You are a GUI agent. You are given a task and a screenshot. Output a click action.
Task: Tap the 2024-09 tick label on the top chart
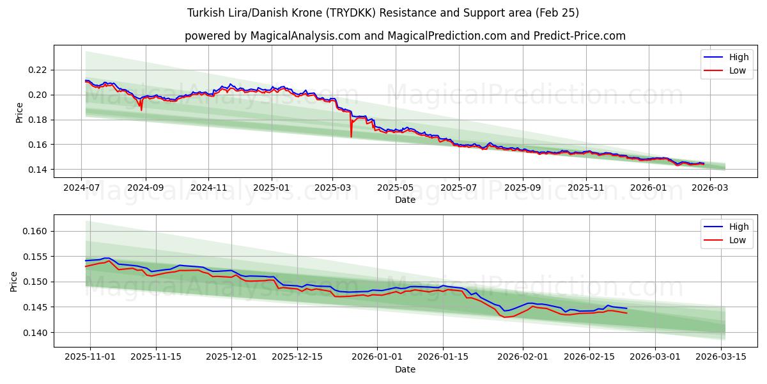click(x=145, y=188)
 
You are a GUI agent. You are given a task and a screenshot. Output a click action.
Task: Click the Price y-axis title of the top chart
click(x=19, y=111)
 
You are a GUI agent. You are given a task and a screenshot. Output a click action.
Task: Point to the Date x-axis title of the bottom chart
click(x=405, y=369)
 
